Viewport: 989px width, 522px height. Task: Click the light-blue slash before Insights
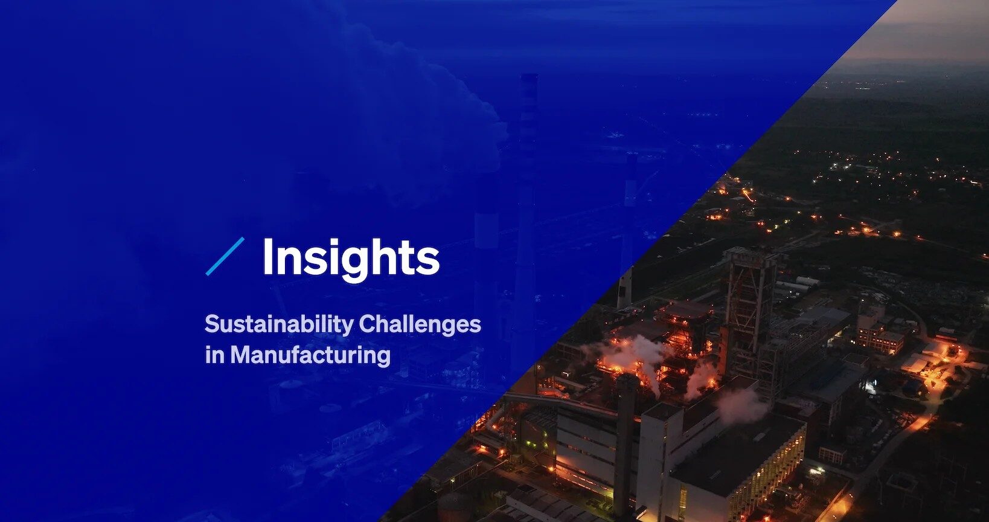tap(225, 256)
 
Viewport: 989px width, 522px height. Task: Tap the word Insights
tap(351, 258)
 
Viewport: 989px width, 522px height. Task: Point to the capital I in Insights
tap(268, 256)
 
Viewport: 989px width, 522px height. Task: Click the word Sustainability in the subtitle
tap(279, 324)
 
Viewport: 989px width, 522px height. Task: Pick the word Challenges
tap(420, 324)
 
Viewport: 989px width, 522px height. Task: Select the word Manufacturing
tap(310, 355)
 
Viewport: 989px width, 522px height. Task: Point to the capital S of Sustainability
tap(211, 324)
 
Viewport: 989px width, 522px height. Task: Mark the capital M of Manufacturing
tap(240, 355)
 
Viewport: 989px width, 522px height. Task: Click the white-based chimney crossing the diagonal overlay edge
tap(626, 284)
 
